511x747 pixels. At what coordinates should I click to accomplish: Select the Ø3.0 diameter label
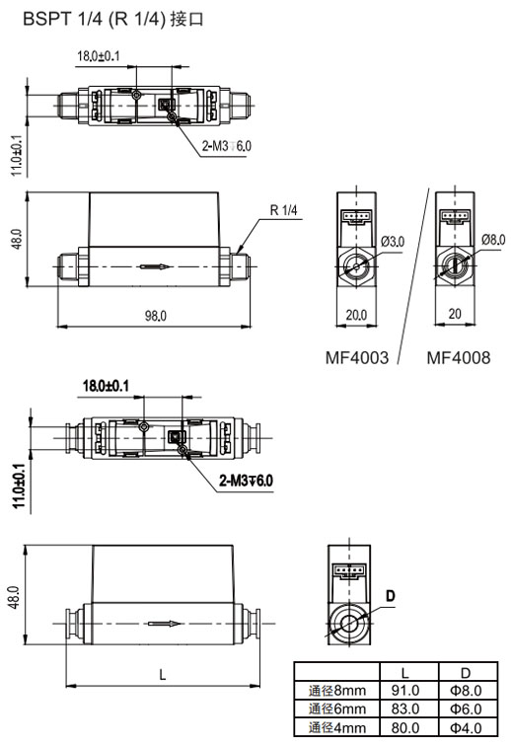coord(392,241)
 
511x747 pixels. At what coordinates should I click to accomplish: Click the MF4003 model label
coord(357,357)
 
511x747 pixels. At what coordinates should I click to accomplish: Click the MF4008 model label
coord(458,357)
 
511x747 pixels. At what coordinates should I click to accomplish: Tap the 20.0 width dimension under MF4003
coord(356,315)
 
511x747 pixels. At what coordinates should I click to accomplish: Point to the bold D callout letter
coord(390,595)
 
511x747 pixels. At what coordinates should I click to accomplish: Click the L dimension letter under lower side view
coord(161,673)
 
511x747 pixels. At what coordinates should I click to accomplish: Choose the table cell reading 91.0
coord(405,691)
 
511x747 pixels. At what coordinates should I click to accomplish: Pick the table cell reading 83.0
coord(405,709)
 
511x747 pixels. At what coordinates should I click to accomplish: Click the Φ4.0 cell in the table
coord(465,727)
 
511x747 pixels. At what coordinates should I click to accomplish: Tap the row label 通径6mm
coord(336,709)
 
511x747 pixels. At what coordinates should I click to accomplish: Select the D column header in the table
coord(465,672)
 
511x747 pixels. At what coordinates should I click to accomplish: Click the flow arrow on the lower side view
coord(164,623)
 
